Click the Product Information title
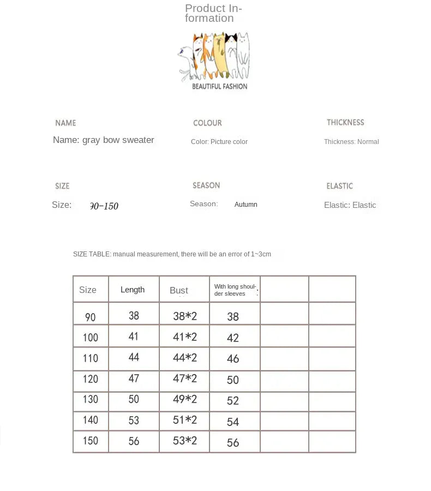(x=213, y=13)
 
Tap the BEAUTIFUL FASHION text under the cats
(x=219, y=86)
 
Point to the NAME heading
(x=65, y=123)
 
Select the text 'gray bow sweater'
(x=118, y=140)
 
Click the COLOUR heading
(x=207, y=123)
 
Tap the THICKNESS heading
(x=345, y=123)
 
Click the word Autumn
(x=246, y=205)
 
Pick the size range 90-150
(x=104, y=206)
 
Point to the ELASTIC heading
(x=339, y=186)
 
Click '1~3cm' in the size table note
(x=261, y=254)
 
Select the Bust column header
(x=179, y=290)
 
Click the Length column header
(x=133, y=290)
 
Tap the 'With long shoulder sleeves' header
(x=235, y=290)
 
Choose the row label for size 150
(x=91, y=441)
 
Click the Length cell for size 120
(x=134, y=379)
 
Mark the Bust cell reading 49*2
(x=184, y=399)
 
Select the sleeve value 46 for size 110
(x=233, y=358)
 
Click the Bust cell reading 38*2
(x=184, y=315)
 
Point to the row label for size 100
(x=91, y=337)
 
